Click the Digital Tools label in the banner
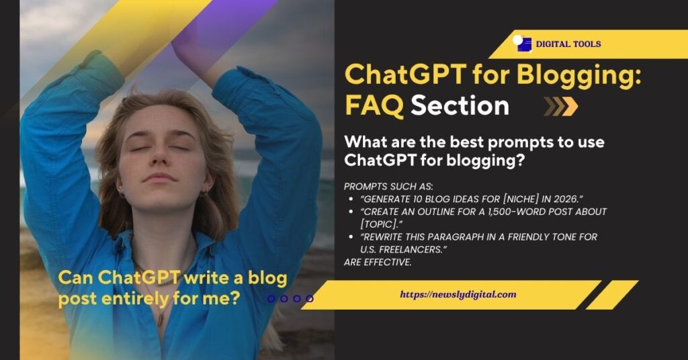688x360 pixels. click(x=568, y=44)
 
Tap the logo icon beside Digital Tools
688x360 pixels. click(x=522, y=44)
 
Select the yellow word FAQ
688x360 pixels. click(x=374, y=105)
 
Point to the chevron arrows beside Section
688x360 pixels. click(x=560, y=106)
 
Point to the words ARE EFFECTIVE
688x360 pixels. click(x=378, y=262)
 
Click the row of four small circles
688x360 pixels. click(x=290, y=298)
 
